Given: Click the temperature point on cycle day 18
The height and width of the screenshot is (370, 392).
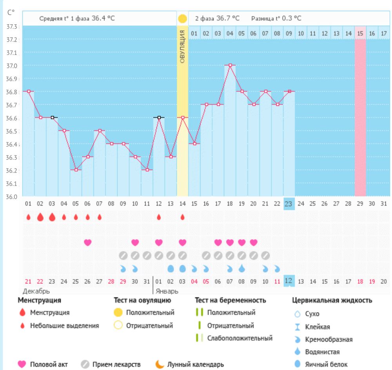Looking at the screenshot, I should click(230, 65).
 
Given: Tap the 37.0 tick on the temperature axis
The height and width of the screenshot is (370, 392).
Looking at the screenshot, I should click(12, 65).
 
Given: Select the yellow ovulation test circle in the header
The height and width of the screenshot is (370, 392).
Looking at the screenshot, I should click(182, 18).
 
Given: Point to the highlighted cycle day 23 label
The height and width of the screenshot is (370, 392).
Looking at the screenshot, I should click(289, 203).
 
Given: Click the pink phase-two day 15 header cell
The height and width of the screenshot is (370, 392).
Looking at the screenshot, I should click(360, 34).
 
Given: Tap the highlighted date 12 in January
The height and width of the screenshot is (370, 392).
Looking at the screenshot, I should click(289, 281).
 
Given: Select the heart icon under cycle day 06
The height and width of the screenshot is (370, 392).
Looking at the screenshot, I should click(87, 242).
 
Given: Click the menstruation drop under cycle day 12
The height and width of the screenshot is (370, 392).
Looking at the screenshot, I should click(159, 217).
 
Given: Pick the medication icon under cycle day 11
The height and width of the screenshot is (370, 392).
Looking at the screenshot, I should click(147, 255).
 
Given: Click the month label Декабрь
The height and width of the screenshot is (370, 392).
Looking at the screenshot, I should click(36, 292).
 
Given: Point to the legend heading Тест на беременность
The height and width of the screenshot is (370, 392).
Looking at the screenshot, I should click(230, 300).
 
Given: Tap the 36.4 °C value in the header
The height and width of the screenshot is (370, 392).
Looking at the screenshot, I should click(103, 18).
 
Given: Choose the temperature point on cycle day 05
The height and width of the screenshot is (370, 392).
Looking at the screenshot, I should click(76, 170).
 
